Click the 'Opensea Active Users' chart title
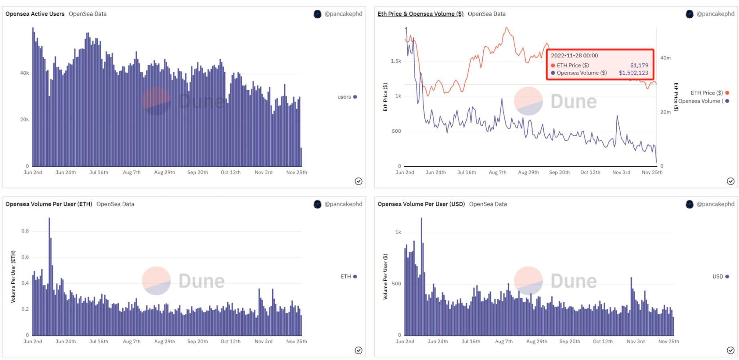35,14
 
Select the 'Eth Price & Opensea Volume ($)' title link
420,14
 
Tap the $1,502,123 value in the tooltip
633,73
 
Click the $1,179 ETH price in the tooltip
639,65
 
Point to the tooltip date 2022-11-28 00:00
574,56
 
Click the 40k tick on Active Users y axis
24,73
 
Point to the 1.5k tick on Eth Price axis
396,61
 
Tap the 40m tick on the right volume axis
665,58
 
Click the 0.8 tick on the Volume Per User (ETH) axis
25,231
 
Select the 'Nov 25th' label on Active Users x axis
296,173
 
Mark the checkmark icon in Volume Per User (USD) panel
731,350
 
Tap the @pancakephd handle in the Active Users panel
343,14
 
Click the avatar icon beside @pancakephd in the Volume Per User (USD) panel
689,204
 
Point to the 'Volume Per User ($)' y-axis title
385,277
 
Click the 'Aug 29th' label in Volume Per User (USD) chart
537,342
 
